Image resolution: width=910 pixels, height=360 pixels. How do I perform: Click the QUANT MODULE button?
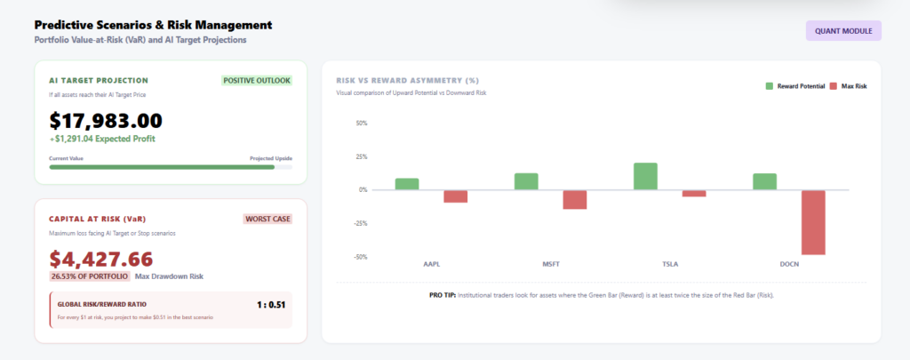tap(843, 31)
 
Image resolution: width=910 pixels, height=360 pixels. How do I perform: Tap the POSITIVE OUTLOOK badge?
tap(257, 81)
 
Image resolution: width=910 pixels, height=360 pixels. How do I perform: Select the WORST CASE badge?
tap(267, 219)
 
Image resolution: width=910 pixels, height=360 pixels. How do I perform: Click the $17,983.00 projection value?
tap(106, 120)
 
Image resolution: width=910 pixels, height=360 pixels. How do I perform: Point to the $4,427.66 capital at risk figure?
tap(101, 259)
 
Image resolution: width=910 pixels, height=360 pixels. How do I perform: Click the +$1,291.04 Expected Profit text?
tap(102, 139)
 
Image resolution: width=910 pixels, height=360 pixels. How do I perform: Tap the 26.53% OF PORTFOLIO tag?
tap(90, 276)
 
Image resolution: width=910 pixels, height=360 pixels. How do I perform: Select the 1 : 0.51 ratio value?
tap(271, 304)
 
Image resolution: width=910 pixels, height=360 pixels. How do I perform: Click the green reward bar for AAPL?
tap(407, 184)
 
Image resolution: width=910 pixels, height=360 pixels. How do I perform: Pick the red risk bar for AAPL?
tap(456, 196)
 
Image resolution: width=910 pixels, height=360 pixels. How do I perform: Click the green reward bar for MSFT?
tap(526, 181)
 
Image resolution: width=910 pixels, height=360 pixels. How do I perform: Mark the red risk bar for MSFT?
tap(575, 200)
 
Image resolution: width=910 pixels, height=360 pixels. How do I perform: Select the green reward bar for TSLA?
tap(645, 177)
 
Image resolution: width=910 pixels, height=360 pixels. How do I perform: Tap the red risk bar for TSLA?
tap(694, 194)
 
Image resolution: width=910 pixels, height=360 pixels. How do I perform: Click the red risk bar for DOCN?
tap(813, 222)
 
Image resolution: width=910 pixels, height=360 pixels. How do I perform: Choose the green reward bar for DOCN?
tap(764, 181)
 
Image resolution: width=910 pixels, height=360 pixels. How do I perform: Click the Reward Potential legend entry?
tap(795, 86)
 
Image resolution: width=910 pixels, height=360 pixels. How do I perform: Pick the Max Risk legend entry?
tap(848, 86)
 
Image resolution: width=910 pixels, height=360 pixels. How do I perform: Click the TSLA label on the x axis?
tap(670, 264)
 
